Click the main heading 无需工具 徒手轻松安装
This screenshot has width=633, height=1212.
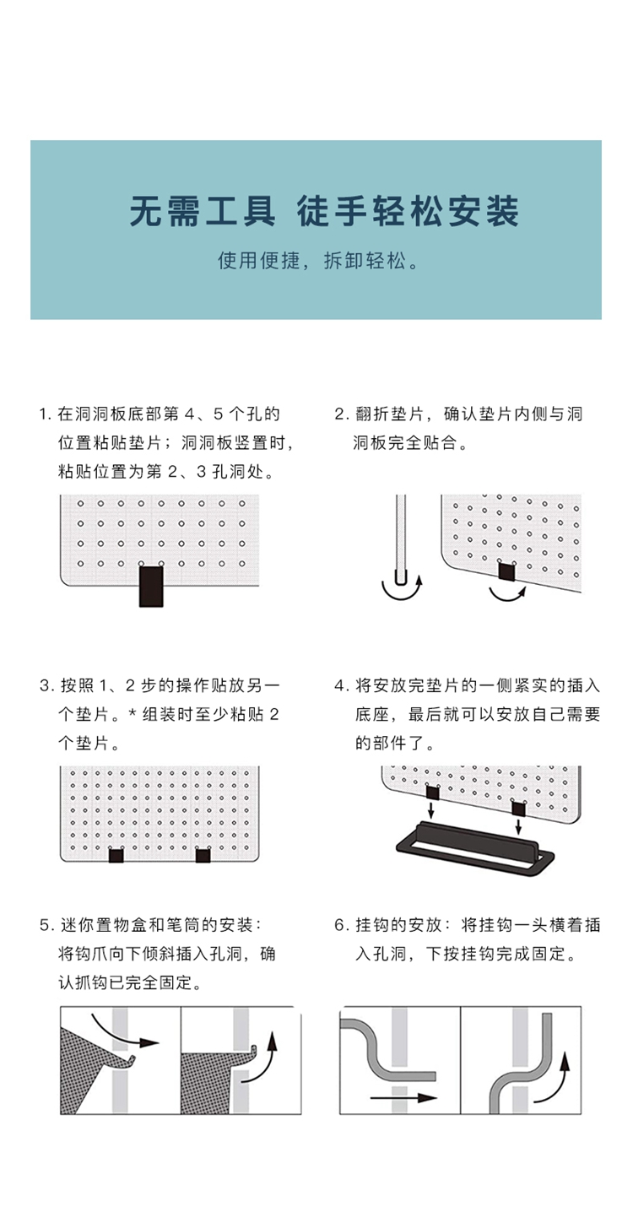point(325,211)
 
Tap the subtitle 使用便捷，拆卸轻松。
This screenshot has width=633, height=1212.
point(318,261)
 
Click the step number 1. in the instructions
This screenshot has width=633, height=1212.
point(46,414)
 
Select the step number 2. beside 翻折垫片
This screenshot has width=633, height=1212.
point(341,414)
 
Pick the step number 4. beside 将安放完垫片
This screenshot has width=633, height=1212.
point(341,686)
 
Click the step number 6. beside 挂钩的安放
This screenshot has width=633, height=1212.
point(341,925)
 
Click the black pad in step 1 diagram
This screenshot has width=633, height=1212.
point(151,587)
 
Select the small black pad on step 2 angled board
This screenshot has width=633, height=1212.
point(507,571)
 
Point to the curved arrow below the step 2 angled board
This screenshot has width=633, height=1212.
point(507,596)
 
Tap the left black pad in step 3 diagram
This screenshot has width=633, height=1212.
point(116,856)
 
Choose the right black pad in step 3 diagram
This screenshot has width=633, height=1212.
point(203,856)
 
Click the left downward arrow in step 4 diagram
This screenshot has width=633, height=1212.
point(431,810)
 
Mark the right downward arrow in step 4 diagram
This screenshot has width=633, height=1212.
point(518,827)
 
